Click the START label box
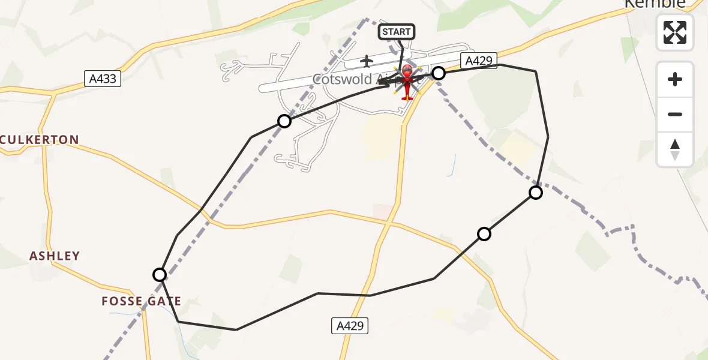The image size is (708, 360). click(397, 32)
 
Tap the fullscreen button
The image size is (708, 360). click(675, 32)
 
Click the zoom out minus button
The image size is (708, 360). click(675, 114)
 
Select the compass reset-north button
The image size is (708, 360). click(675, 149)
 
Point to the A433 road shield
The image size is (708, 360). click(103, 79)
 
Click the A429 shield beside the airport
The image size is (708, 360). click(479, 60)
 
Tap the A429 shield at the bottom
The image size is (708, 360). click(350, 326)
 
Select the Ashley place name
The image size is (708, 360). click(55, 256)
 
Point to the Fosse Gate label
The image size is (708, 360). click(142, 301)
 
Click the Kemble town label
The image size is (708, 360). click(655, 4)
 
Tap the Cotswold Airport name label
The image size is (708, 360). click(351, 79)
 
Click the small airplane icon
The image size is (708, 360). click(367, 61)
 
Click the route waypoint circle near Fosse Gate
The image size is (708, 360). click(160, 275)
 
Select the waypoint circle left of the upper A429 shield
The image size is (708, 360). click(439, 73)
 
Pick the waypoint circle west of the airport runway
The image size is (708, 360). click(284, 121)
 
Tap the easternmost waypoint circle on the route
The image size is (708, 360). click(536, 193)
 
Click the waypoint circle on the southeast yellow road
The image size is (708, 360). click(484, 234)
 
